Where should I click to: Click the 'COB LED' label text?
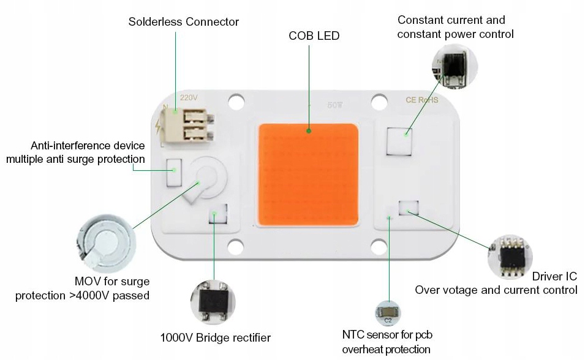(x=314, y=36)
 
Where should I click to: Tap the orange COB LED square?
(x=308, y=174)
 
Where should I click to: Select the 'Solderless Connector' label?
(x=183, y=22)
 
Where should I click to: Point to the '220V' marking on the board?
(x=189, y=97)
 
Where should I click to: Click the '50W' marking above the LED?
(x=335, y=105)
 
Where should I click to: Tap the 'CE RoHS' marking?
(x=422, y=100)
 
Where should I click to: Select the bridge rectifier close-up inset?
(x=214, y=301)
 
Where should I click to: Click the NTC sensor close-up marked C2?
(x=388, y=313)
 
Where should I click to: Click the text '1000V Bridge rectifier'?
(x=215, y=337)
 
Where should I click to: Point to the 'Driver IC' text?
(x=554, y=277)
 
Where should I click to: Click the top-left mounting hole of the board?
(x=235, y=100)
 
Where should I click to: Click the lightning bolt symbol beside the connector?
(x=160, y=127)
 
